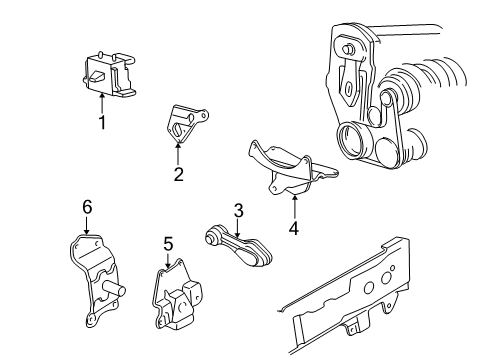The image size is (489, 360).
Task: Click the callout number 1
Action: point(101,123)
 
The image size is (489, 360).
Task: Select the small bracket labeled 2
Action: point(181,124)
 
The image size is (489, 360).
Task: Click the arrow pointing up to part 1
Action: point(101,101)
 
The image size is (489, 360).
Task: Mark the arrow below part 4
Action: point(295,204)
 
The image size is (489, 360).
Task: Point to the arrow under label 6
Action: point(87,226)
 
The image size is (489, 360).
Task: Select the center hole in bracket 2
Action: point(177,129)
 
